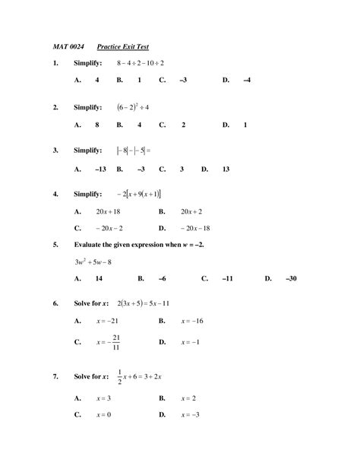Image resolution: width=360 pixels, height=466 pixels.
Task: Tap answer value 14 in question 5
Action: pos(99,279)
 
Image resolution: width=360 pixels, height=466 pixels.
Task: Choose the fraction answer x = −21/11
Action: pos(109,342)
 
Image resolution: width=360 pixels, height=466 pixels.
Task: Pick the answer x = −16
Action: pos(193,322)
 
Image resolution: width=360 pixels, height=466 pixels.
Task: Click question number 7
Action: pos(55,378)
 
